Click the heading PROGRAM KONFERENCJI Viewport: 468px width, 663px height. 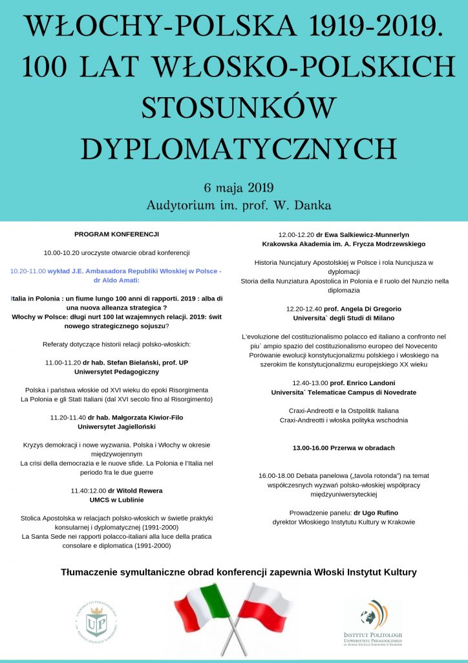(116, 234)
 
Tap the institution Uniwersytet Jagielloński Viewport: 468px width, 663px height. (116, 427)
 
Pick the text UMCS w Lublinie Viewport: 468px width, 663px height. (116, 500)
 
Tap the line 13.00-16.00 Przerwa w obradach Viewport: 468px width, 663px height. (343, 447)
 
